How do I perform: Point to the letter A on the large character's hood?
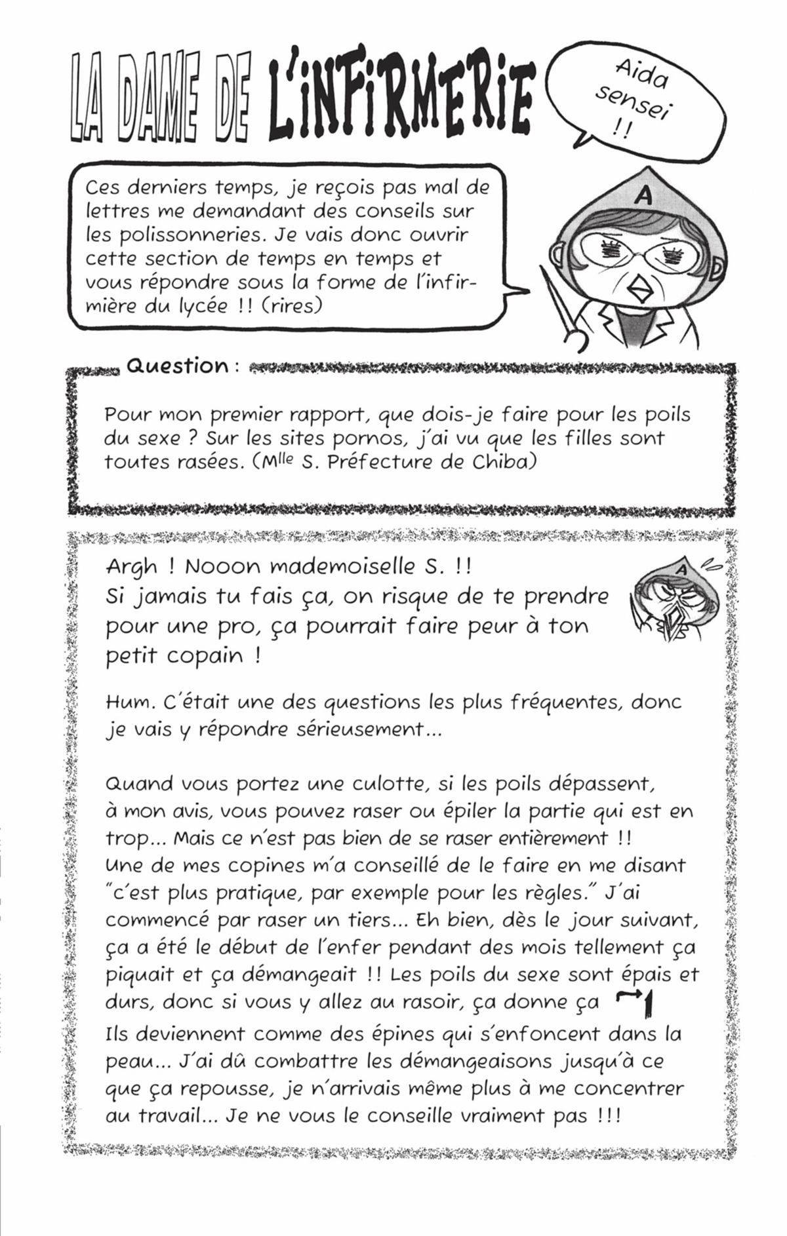tap(643, 196)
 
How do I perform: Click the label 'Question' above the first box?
tap(176, 366)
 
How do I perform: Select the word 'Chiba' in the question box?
tap(504, 461)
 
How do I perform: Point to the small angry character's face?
tap(676, 603)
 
